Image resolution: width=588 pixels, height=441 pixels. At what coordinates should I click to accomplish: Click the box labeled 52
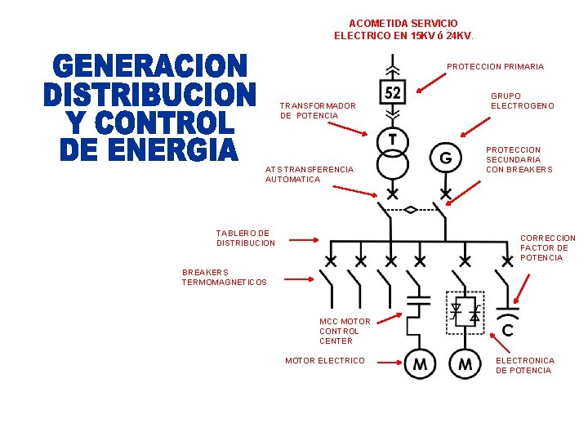click(393, 92)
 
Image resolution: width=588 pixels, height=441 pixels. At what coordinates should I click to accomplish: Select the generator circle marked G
click(446, 157)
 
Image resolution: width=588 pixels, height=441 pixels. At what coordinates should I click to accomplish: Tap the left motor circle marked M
click(419, 364)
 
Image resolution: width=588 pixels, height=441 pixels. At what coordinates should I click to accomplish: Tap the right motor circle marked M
click(465, 364)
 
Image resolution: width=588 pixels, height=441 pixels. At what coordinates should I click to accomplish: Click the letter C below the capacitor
click(508, 331)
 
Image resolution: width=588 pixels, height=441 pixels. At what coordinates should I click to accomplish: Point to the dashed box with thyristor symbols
click(465, 313)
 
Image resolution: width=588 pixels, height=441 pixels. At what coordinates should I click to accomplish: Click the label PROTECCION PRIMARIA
click(495, 67)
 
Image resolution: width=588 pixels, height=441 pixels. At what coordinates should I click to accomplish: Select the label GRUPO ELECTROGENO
click(522, 101)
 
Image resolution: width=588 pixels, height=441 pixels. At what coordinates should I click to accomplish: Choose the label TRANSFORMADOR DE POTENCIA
click(317, 111)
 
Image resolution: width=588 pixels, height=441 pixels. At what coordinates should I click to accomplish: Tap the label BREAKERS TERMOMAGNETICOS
click(224, 278)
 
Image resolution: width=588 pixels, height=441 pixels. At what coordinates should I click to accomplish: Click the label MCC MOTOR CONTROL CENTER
click(344, 331)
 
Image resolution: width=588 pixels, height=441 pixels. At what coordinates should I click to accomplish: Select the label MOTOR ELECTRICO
click(324, 361)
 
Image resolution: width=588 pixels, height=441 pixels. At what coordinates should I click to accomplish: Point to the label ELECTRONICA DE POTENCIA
click(524, 365)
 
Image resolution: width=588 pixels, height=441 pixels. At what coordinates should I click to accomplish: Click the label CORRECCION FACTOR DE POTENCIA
click(547, 248)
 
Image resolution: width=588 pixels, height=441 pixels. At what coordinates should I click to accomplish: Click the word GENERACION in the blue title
click(151, 66)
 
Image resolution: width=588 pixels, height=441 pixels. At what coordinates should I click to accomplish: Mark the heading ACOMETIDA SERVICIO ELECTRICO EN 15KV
click(403, 30)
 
